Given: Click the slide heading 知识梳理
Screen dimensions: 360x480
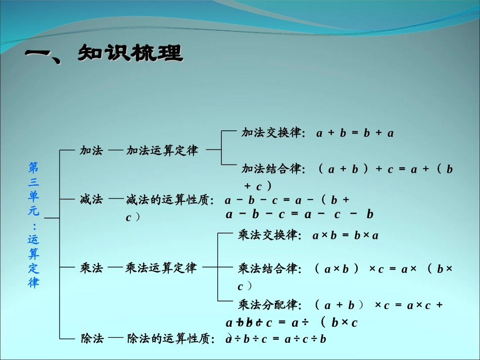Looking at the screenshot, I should pos(130,53).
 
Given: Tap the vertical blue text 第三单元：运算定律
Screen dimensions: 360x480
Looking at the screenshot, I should pos(33,225).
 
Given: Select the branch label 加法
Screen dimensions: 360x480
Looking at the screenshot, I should pos(91,150).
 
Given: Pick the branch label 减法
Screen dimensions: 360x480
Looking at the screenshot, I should pos(91,200).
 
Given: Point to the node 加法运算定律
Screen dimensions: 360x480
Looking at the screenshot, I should pos(162,150).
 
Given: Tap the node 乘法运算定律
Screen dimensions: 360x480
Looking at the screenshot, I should pos(161,268).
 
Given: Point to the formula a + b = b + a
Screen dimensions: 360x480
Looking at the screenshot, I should pos(355,134).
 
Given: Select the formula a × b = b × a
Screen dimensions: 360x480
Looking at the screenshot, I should pos(346,236).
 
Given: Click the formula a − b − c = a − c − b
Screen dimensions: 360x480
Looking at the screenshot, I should pos(300,215).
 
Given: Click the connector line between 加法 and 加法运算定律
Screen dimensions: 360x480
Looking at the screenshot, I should pos(115,150).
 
